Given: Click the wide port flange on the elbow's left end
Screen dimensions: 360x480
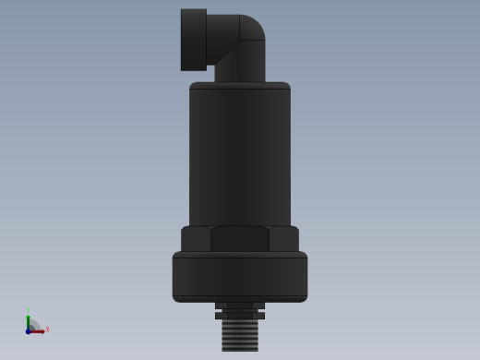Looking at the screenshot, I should [x=193, y=40].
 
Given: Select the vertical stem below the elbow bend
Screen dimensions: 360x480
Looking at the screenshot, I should [x=240, y=65].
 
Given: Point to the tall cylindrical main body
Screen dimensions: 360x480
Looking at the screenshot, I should [x=240, y=157].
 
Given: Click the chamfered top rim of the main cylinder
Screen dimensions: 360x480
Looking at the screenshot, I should [x=240, y=86].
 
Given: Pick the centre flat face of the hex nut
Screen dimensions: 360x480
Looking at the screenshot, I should [x=240, y=239].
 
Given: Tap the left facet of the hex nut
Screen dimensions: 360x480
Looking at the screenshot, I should [x=196, y=239].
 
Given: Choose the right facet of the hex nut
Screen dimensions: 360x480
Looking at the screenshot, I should [x=284, y=239].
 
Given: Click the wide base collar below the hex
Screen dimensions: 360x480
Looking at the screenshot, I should [x=240, y=273].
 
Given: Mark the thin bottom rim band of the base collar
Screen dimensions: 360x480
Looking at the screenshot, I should [x=240, y=298].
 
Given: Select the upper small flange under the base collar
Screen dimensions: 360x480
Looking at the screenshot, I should [x=240, y=306].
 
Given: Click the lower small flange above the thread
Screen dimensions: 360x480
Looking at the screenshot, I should [x=240, y=316].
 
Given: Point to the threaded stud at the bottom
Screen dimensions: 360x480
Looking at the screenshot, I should [x=240, y=335].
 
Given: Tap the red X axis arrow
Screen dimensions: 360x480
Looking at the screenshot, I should [x=38, y=330].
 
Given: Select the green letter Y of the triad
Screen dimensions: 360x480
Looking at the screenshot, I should [x=28, y=310].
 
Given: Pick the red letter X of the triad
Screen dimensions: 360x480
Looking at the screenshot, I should [x=47, y=329].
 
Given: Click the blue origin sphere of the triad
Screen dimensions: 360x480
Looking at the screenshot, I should [x=28, y=330].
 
